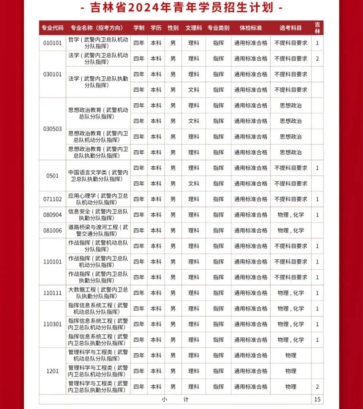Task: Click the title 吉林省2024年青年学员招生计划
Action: pos(181,8)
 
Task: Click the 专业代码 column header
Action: pos(53,28)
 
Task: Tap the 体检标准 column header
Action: pos(250,28)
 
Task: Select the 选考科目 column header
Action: pos(290,28)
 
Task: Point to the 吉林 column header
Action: pos(317,28)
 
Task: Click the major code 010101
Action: pos(53,43)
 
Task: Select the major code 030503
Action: pos(53,129)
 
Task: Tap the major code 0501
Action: pos(53,175)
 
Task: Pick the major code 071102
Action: pos(53,199)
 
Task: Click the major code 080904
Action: pos(53,215)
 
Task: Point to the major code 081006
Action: pos(53,231)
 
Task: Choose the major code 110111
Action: pos(53,293)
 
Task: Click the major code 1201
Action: pos(53,371)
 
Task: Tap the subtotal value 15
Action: pos(317,399)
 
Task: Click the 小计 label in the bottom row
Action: pos(175,399)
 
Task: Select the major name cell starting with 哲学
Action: pos(98,43)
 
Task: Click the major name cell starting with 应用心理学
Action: pos(98,199)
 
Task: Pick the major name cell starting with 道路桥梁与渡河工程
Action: pos(98,231)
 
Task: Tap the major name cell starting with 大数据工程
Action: pos(98,293)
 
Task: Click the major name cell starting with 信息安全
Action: pos(98,215)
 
